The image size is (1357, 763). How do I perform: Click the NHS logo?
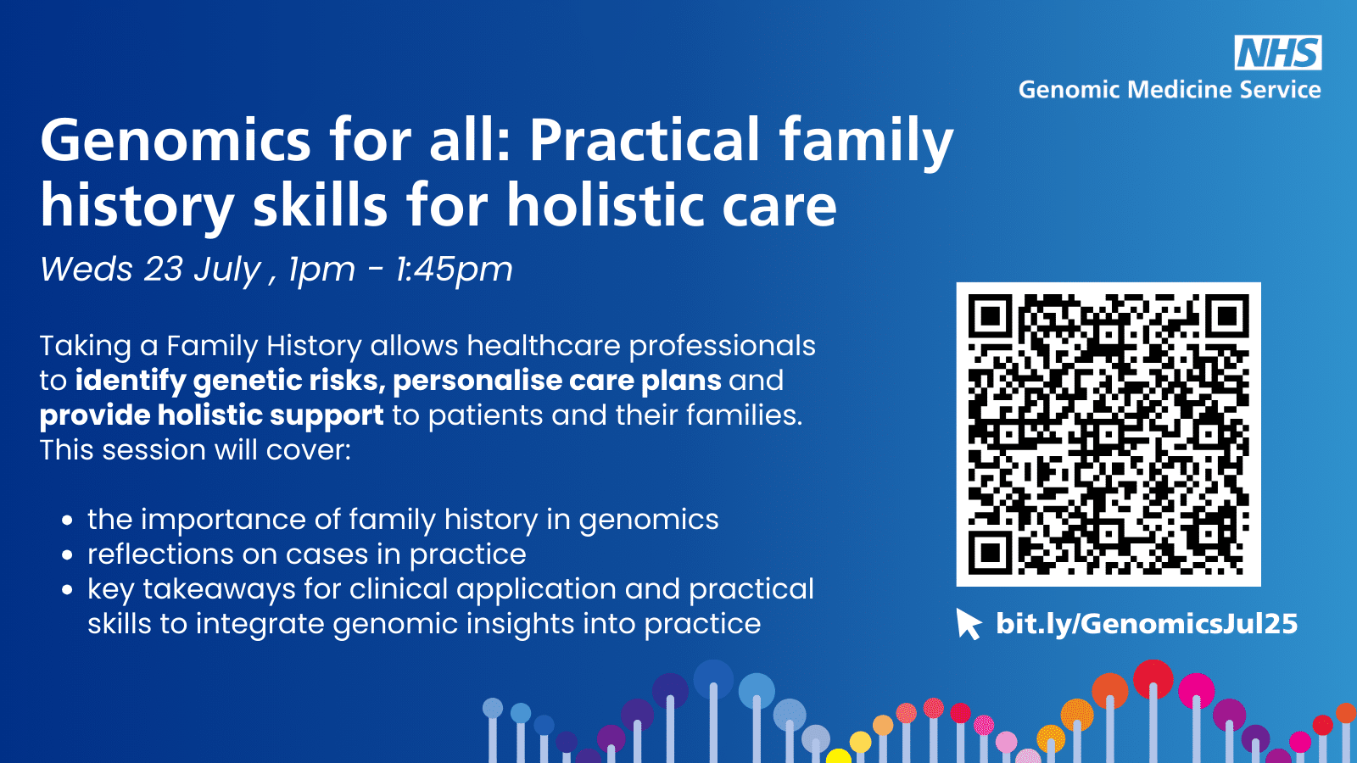click(1278, 52)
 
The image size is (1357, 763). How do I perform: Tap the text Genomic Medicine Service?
click(1170, 90)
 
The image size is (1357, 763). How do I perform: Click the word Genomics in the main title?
click(176, 142)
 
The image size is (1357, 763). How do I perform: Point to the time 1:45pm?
click(454, 270)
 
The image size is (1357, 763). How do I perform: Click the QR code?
click(1108, 434)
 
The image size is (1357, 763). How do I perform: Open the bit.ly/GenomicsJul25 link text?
click(1147, 624)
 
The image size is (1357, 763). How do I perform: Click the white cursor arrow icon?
click(968, 624)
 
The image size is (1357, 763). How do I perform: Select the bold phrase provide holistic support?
click(211, 416)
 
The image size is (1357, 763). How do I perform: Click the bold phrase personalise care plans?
click(556, 381)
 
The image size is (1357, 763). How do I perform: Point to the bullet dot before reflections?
click(67, 554)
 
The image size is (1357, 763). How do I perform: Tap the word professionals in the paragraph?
click(722, 347)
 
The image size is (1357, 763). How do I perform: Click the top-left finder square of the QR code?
click(990, 316)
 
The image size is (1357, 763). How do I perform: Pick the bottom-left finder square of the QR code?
click(990, 552)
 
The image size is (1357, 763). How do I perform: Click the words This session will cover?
click(195, 450)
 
